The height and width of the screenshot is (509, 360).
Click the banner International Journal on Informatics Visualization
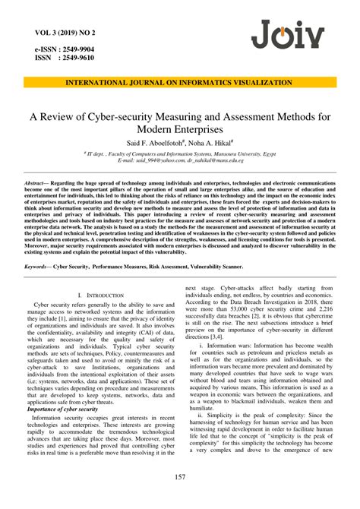click(179, 82)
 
